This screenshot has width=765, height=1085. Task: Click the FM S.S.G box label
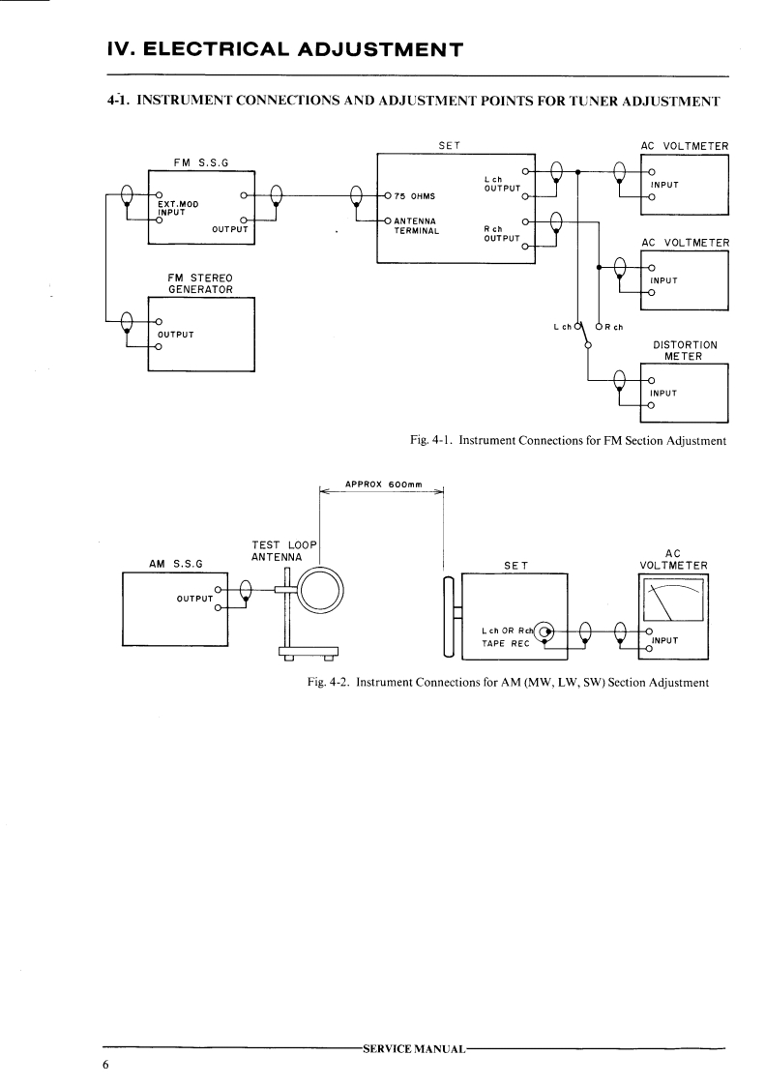pos(199,162)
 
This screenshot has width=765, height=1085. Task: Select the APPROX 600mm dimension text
pos(382,484)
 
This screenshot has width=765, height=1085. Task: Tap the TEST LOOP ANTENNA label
pos(279,550)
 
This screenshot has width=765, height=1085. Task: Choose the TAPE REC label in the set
pos(502,641)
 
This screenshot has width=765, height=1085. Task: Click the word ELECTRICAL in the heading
pos(226,48)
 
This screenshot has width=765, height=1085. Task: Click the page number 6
pos(106,1066)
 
